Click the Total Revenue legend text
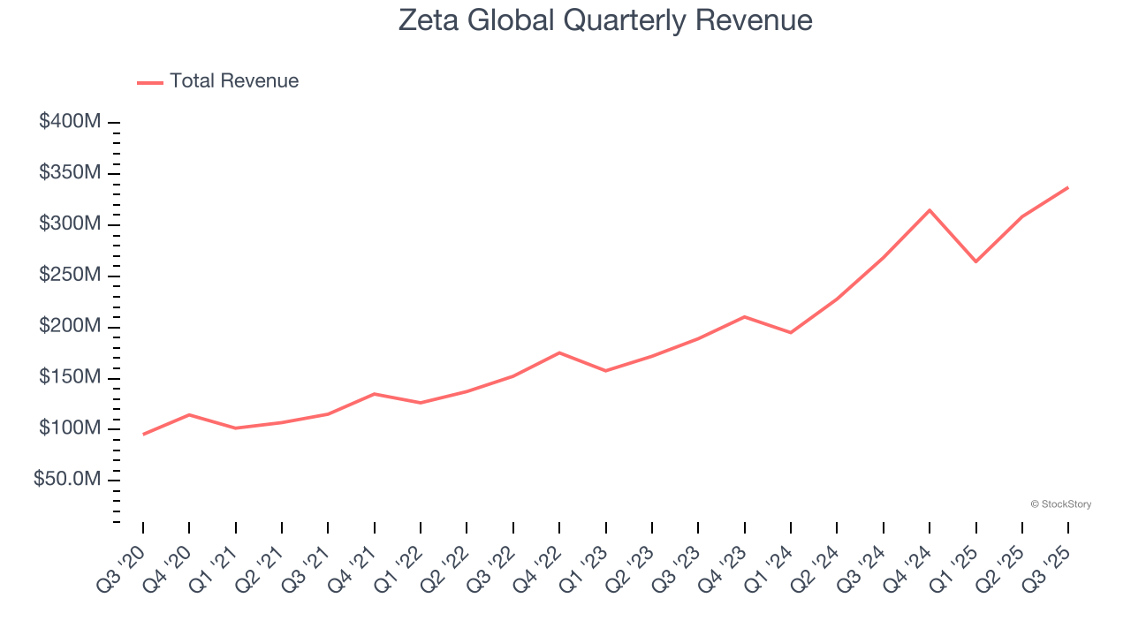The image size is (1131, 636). coord(234,81)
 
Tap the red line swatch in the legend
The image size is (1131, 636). coord(150,82)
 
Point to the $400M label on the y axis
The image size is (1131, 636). coord(70,122)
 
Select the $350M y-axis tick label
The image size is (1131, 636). coord(70,172)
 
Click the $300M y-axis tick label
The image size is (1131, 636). coord(70,223)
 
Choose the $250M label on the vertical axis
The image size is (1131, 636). coord(70,275)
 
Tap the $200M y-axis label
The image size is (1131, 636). coord(70,326)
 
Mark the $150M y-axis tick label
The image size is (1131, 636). coord(70,377)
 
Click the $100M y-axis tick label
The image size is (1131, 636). coord(70,428)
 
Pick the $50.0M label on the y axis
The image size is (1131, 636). coord(67,480)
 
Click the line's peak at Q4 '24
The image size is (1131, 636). coord(930,210)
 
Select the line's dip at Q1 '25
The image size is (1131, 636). coord(975,261)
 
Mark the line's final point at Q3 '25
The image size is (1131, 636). coord(1067,187)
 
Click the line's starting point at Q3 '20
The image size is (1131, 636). coord(143,434)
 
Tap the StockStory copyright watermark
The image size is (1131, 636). coord(1060,504)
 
